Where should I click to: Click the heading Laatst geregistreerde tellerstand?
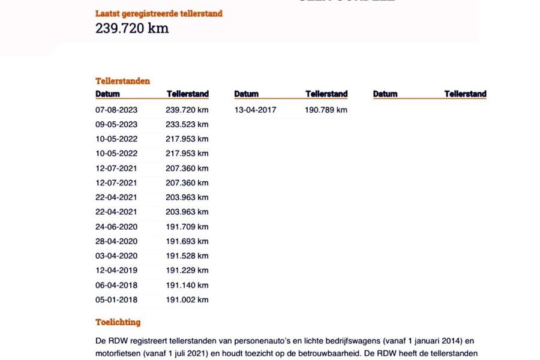(x=158, y=13)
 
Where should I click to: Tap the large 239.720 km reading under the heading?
(x=132, y=28)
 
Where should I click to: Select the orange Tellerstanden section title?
(x=122, y=81)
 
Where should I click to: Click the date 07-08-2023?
(x=116, y=110)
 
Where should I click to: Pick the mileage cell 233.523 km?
(x=187, y=125)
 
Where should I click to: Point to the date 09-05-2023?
(x=116, y=125)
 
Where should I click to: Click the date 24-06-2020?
(x=116, y=227)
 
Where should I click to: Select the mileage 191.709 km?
(x=187, y=227)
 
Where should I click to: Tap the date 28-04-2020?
(x=116, y=241)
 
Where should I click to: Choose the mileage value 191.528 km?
(x=187, y=256)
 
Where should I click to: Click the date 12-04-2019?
(x=116, y=271)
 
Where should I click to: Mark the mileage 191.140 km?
(x=187, y=285)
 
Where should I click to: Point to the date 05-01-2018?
(x=116, y=300)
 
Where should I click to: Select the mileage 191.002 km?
(x=187, y=300)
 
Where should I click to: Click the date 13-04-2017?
(x=256, y=110)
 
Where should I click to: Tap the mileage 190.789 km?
(x=326, y=110)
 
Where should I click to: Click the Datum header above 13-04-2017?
(x=247, y=94)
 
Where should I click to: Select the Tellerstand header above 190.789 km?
(x=326, y=94)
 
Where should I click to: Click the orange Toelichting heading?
(x=118, y=322)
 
